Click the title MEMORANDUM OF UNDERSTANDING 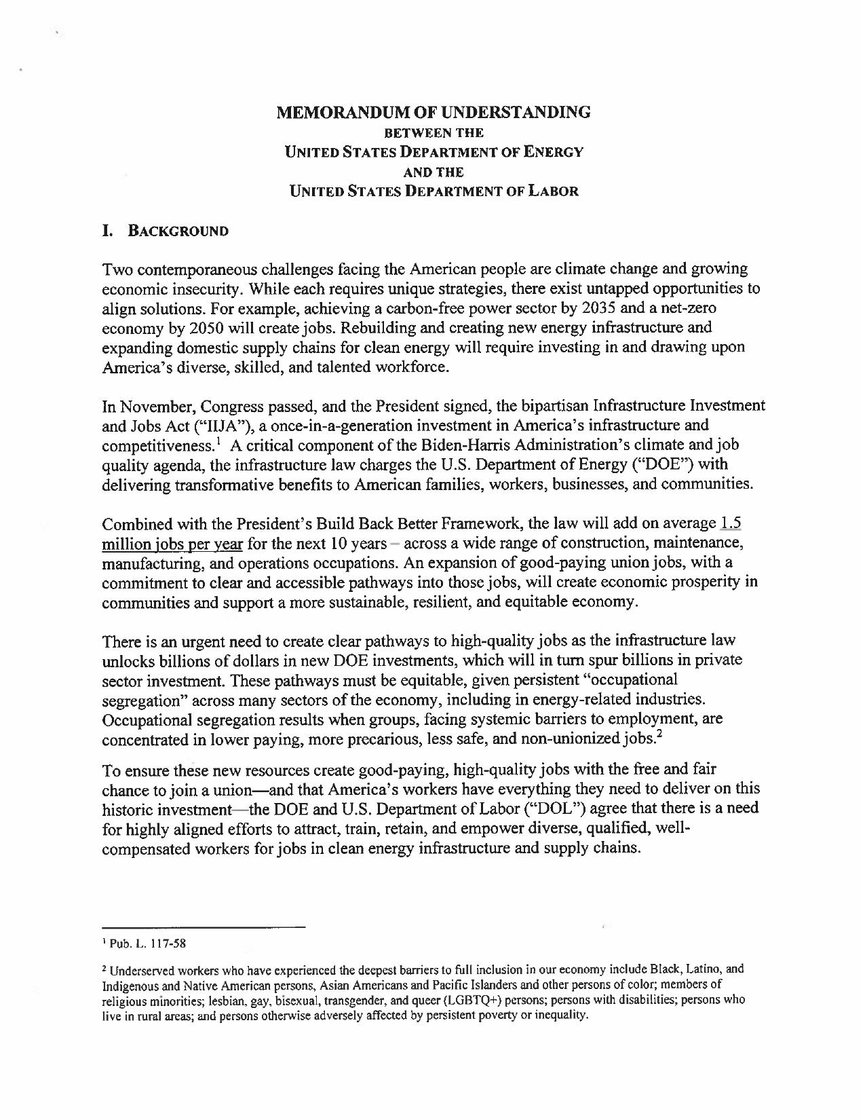point(434,112)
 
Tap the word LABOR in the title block point(548,191)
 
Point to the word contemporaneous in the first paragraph point(192,269)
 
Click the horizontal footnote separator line point(204,927)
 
